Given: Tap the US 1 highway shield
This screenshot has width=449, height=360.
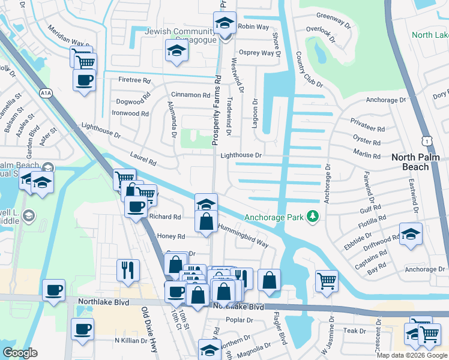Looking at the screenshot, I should tap(426, 140).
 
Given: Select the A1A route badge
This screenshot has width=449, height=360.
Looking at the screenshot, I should tap(46, 93).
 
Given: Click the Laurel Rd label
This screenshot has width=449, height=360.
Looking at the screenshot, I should tap(144, 158).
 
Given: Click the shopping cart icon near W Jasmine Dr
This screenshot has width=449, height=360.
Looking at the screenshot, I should tap(326, 280).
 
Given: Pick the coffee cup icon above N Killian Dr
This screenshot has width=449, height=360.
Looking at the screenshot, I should tap(82, 328).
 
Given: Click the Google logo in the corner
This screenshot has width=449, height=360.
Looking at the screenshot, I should tap(20, 353).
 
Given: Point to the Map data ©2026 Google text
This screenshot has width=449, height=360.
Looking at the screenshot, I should tap(412, 355).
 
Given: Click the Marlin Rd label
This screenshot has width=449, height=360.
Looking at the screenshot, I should tap(368, 156).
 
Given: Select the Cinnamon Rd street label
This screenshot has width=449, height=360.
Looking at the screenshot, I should tap(190, 95).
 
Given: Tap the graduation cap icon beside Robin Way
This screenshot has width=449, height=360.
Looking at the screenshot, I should tap(225, 23).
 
